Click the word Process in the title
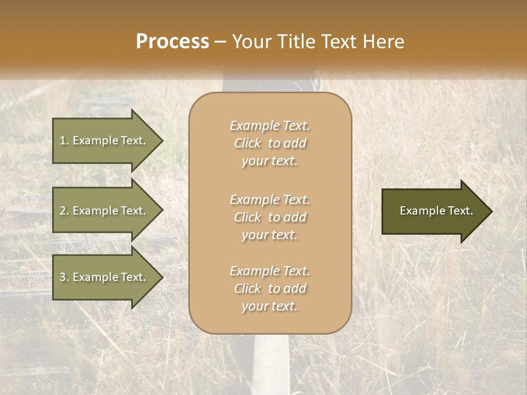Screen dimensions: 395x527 [x=172, y=42]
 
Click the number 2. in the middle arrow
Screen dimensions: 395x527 [x=64, y=211]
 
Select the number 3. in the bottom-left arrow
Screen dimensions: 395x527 [x=64, y=277]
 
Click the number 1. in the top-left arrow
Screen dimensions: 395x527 [x=64, y=140]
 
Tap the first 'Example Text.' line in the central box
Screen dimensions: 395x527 [x=270, y=126]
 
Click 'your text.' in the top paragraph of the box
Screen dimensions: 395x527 [x=270, y=161]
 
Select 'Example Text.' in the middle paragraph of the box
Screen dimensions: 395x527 [x=270, y=199]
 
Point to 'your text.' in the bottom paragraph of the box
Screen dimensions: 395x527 [x=270, y=307]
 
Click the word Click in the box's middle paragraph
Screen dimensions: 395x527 [x=248, y=217]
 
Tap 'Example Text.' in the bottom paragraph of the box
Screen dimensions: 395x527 [x=270, y=271]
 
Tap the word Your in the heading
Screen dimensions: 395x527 [x=250, y=42]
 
